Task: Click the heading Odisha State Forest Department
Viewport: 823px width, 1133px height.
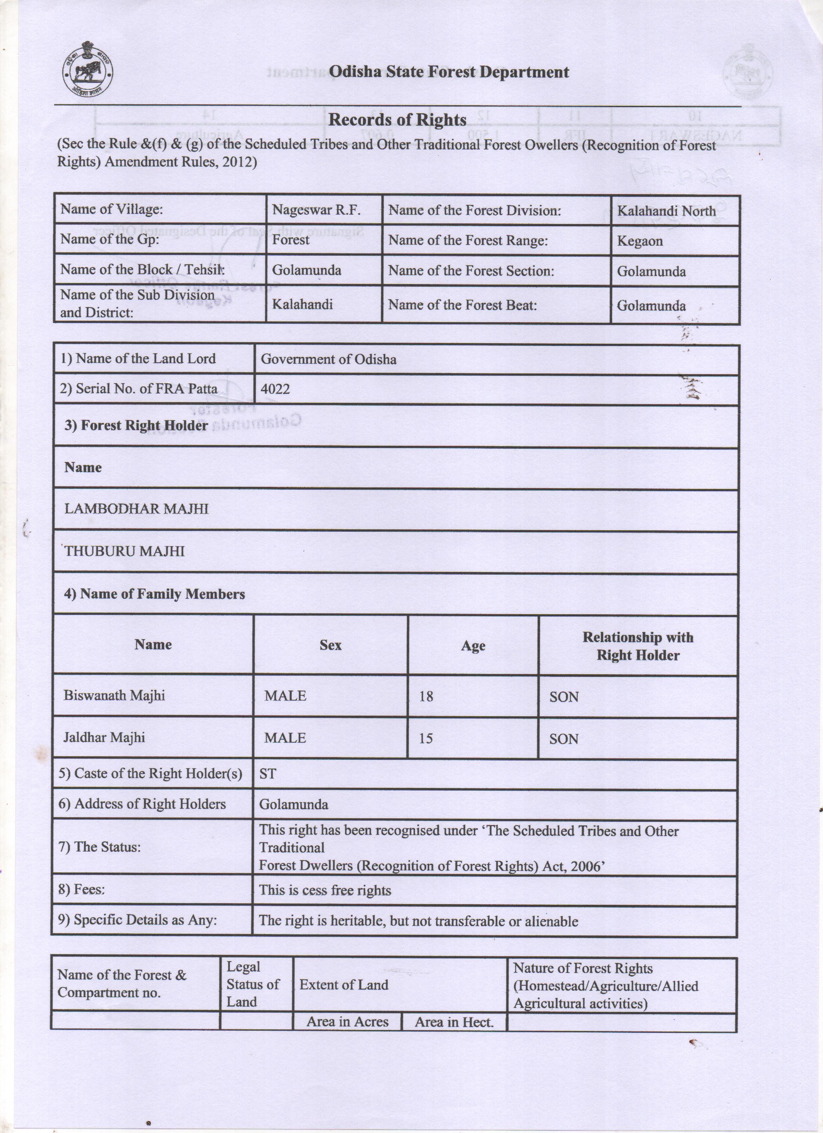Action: click(x=449, y=72)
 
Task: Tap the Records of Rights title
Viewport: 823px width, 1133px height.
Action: click(x=397, y=120)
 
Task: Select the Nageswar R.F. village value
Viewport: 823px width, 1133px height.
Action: click(x=316, y=210)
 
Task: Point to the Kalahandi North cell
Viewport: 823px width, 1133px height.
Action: click(x=666, y=211)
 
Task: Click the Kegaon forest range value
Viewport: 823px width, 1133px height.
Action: click(x=640, y=241)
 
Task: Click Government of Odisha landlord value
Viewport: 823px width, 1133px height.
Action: click(x=328, y=359)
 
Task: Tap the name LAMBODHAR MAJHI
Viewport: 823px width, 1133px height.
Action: click(x=136, y=509)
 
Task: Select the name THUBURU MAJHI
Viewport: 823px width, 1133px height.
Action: click(x=124, y=551)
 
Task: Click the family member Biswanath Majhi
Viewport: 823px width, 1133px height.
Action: click(x=114, y=695)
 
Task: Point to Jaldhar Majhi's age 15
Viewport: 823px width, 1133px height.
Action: click(x=425, y=738)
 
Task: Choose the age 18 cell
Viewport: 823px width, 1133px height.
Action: click(x=426, y=696)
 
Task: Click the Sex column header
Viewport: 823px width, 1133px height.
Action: click(x=330, y=645)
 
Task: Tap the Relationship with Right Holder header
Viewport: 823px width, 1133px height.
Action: click(x=638, y=646)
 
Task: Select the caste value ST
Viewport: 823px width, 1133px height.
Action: click(x=268, y=774)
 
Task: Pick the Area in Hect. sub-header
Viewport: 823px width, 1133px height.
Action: click(x=453, y=1022)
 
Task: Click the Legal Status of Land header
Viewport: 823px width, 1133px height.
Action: click(x=253, y=984)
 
